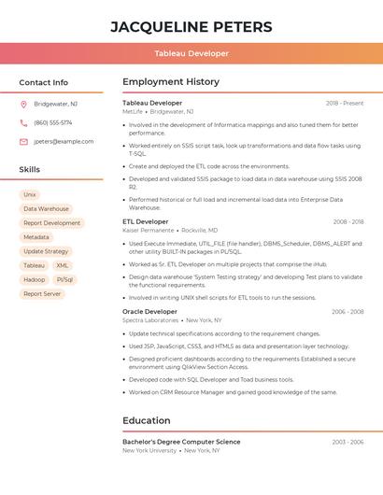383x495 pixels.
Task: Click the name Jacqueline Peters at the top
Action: point(191,26)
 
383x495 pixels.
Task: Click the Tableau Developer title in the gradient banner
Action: point(191,54)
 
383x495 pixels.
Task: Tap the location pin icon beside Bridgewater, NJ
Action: point(23,104)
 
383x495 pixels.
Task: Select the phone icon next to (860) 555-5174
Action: point(23,122)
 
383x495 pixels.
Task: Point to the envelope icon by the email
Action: point(23,142)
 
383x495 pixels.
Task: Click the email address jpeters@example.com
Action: point(64,142)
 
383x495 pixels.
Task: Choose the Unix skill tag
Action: point(30,194)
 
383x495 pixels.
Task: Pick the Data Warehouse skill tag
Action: point(46,209)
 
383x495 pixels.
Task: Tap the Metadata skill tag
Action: point(36,237)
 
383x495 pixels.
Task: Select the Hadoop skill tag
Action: point(34,279)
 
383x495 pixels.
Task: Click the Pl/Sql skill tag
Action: point(64,279)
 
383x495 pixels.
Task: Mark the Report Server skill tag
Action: point(42,293)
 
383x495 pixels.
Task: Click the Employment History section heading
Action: point(171,82)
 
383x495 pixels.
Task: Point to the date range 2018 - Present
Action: point(345,103)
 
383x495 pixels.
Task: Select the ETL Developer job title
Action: point(146,221)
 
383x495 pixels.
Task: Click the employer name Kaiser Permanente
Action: point(149,230)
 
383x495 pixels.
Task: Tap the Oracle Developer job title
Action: point(149,311)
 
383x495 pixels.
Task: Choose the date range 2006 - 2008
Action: point(347,312)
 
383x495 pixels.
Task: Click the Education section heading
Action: point(146,421)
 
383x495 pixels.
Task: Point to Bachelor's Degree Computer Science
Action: point(181,442)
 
